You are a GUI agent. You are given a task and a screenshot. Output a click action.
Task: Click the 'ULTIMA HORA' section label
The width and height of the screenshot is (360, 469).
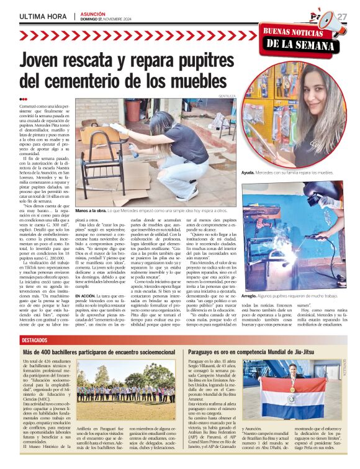click(x=42, y=15)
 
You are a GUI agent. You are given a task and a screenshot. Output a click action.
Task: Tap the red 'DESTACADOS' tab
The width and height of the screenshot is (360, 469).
click(x=38, y=341)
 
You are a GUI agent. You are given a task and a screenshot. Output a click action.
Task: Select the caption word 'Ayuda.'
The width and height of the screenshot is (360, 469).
click(x=249, y=172)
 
